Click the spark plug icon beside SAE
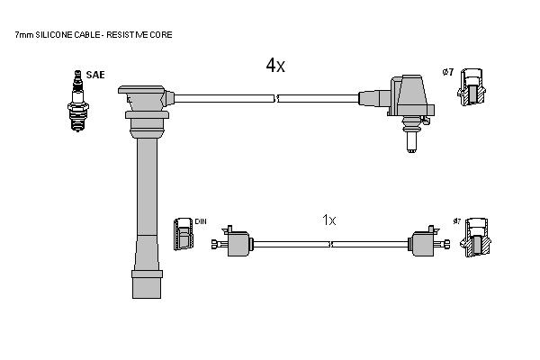coord(78,101)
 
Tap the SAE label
coord(95,75)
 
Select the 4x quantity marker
coord(275,65)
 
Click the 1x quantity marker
coord(328,220)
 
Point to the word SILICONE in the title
coord(53,35)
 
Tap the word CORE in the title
coord(161,35)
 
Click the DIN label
coord(201,221)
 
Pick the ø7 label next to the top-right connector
coord(448,72)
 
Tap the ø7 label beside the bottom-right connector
coord(456,221)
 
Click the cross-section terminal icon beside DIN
coord(184,234)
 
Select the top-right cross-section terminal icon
coord(472,87)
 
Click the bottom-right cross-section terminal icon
coord(475,238)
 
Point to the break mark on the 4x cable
coord(276,98)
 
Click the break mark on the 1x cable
coord(330,244)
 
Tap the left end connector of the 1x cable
coord(232,242)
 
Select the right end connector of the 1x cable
coord(428,242)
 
